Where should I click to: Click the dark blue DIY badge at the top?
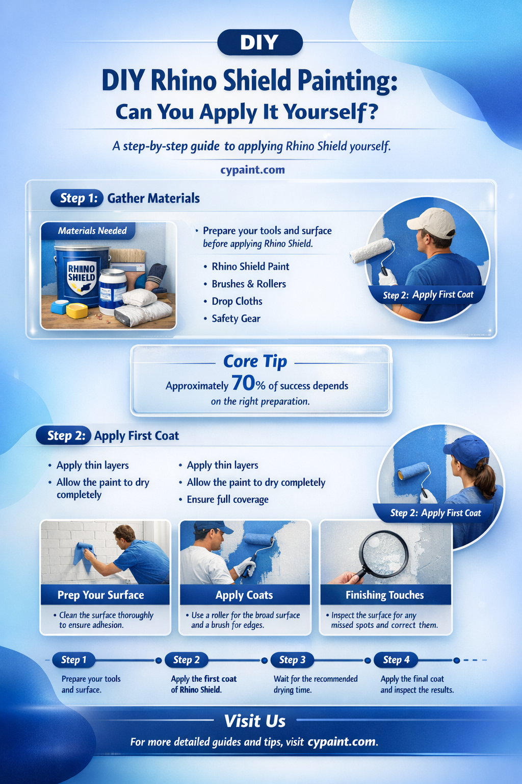(x=260, y=42)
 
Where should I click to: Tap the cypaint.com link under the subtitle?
(x=252, y=170)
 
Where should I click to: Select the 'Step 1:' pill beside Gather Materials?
(x=77, y=198)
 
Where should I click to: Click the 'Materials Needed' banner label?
(x=92, y=231)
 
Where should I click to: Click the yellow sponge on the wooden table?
(x=77, y=311)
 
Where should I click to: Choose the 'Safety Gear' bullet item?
(x=236, y=318)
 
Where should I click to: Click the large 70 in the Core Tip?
(x=243, y=383)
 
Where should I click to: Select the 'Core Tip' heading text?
(x=255, y=361)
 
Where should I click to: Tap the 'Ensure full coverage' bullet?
(x=227, y=500)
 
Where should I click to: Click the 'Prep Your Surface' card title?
(x=101, y=595)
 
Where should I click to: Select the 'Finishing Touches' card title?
(x=384, y=595)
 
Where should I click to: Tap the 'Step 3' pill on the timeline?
(x=292, y=660)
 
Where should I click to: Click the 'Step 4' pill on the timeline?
(x=396, y=660)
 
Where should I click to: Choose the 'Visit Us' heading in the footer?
(x=255, y=721)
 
